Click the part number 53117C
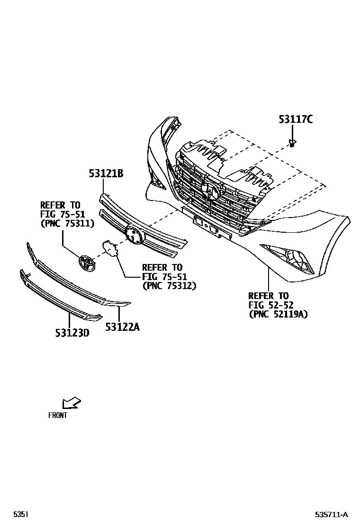(295, 119)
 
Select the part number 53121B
(106, 174)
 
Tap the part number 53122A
(122, 326)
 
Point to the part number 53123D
(72, 333)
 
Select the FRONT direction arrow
(72, 403)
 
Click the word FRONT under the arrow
(58, 416)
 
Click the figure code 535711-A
(332, 515)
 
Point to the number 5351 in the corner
(21, 515)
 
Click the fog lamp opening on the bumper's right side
(289, 258)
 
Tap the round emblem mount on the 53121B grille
(134, 235)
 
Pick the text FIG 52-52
(268, 305)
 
